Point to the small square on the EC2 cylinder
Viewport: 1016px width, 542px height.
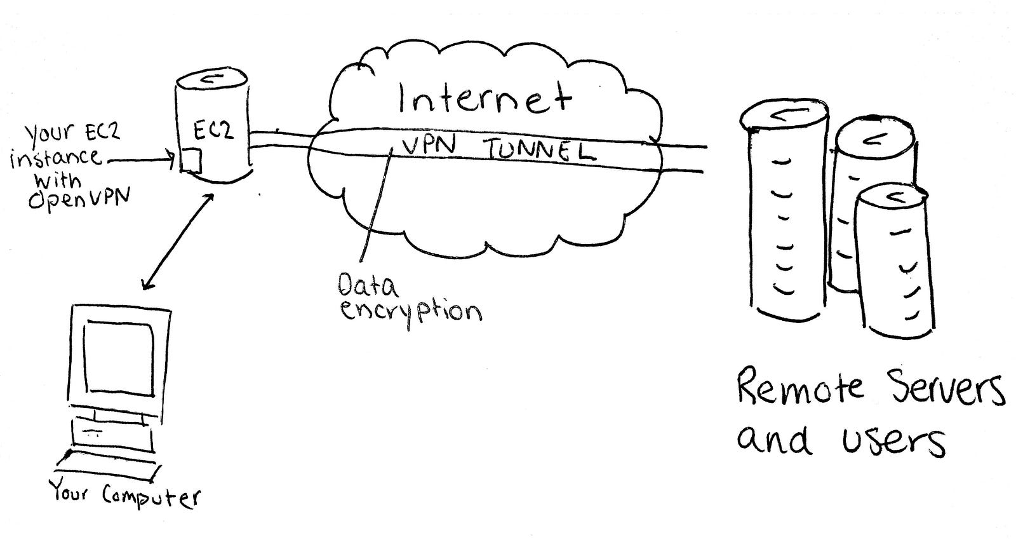coord(191,160)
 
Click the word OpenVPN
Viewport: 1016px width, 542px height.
coord(79,200)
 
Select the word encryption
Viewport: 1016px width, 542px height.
coord(410,311)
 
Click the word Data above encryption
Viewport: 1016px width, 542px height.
coord(368,287)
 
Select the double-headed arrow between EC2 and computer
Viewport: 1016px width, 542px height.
coord(177,241)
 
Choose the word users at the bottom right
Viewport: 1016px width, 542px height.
coord(894,440)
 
